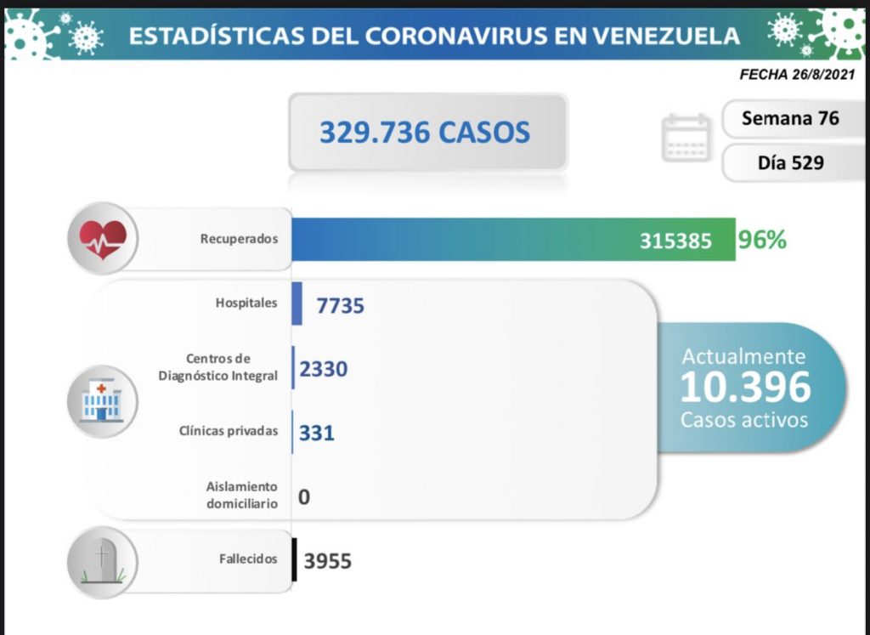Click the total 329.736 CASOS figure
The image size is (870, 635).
[x=425, y=132]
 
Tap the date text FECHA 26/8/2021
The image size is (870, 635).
[x=797, y=75]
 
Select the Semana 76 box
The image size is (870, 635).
[x=789, y=118]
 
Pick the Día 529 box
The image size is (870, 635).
[x=789, y=162]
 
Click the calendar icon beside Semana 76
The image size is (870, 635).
[x=686, y=138]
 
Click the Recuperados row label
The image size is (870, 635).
[x=239, y=239]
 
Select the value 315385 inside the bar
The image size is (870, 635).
[x=675, y=241]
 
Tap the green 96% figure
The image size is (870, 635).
[x=762, y=240]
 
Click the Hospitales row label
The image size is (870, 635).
[x=246, y=303]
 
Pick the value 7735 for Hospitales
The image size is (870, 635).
[x=340, y=304]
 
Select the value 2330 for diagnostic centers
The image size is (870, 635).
[x=324, y=369]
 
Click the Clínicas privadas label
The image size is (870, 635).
[x=229, y=431]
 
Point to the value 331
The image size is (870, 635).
[x=317, y=433]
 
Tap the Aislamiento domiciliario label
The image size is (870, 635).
[x=241, y=495]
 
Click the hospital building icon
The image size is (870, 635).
[x=102, y=400]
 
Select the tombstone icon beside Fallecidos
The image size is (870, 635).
[x=102, y=559]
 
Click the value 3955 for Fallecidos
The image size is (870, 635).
[x=327, y=561]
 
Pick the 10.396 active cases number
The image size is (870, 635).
[x=744, y=387]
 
